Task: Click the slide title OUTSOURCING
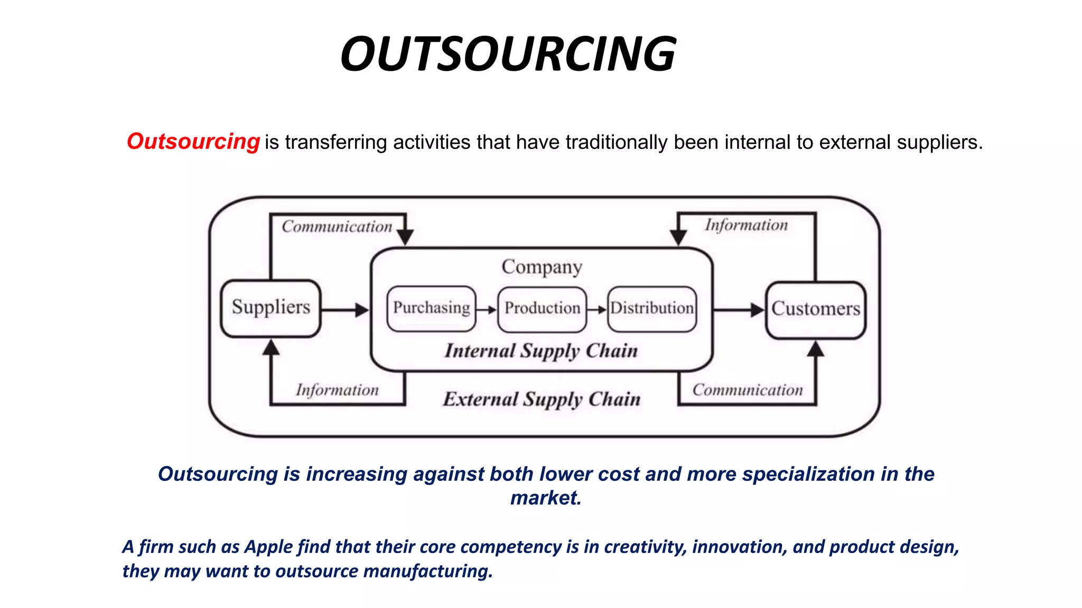pyautogui.click(x=508, y=54)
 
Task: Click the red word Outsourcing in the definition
pyautogui.click(x=193, y=141)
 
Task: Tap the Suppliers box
pyautogui.click(x=270, y=308)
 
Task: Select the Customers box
pyautogui.click(x=815, y=309)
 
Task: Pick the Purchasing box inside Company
pyautogui.click(x=431, y=309)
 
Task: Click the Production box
pyautogui.click(x=542, y=309)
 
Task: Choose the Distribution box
pyautogui.click(x=652, y=309)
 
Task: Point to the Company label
pyautogui.click(x=542, y=267)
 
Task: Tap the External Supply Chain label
pyautogui.click(x=542, y=400)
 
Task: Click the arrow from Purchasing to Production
pyautogui.click(x=486, y=310)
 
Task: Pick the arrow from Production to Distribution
pyautogui.click(x=596, y=310)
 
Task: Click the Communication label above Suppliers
pyautogui.click(x=337, y=227)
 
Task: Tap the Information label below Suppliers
pyautogui.click(x=337, y=391)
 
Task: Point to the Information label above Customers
pyautogui.click(x=746, y=225)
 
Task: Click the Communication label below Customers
pyautogui.click(x=748, y=391)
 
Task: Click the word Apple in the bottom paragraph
pyautogui.click(x=268, y=547)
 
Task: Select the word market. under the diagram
pyautogui.click(x=546, y=498)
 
